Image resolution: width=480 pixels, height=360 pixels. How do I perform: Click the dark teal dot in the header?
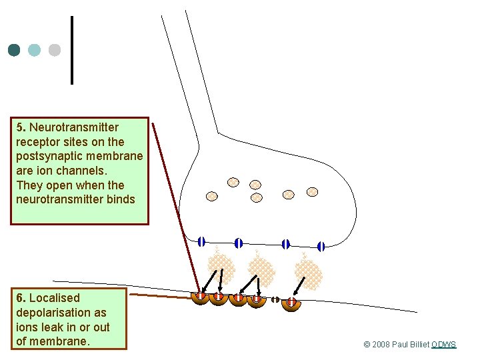pyautogui.click(x=14, y=50)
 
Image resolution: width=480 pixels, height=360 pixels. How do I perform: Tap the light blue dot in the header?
pyautogui.click(x=35, y=50)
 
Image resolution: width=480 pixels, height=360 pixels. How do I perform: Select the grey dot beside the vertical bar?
pyautogui.click(x=55, y=50)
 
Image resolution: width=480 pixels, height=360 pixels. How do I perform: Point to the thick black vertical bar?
pyautogui.click(x=71, y=50)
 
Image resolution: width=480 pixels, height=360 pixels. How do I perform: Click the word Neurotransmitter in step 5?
pyautogui.click(x=74, y=127)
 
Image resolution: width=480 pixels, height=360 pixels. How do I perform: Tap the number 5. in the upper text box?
pyautogui.click(x=21, y=127)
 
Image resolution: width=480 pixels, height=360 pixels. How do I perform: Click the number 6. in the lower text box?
pyautogui.click(x=21, y=298)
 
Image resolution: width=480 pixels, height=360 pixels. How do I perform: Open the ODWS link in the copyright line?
pyautogui.click(x=443, y=345)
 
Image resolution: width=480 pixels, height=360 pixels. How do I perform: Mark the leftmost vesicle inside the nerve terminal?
pyautogui.click(x=211, y=196)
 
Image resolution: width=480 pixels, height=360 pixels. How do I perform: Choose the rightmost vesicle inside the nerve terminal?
pyautogui.click(x=312, y=192)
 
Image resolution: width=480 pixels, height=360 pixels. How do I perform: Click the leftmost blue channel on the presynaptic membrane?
pyautogui.click(x=201, y=241)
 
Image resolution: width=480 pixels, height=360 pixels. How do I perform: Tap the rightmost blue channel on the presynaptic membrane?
pyautogui.click(x=321, y=246)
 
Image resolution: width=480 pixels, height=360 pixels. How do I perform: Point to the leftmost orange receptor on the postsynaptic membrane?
pyautogui.click(x=200, y=297)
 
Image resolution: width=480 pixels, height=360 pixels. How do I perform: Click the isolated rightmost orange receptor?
pyautogui.click(x=291, y=303)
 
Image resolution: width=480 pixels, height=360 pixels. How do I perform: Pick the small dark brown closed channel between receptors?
pyautogui.click(x=275, y=300)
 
